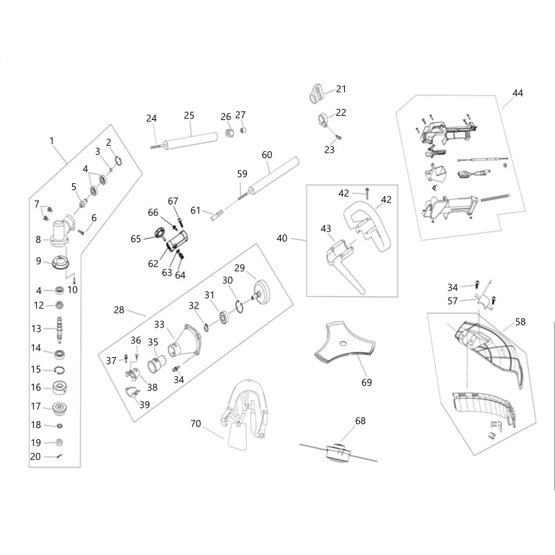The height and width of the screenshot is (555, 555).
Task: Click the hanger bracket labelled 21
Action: (316, 92)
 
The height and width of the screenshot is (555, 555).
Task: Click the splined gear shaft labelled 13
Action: (60, 328)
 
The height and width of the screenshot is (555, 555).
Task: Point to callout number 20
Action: (35, 456)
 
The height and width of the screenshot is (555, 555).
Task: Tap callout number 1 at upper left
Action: (51, 141)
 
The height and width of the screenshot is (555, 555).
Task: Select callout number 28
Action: (119, 310)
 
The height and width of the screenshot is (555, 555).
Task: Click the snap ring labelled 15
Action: (60, 370)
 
